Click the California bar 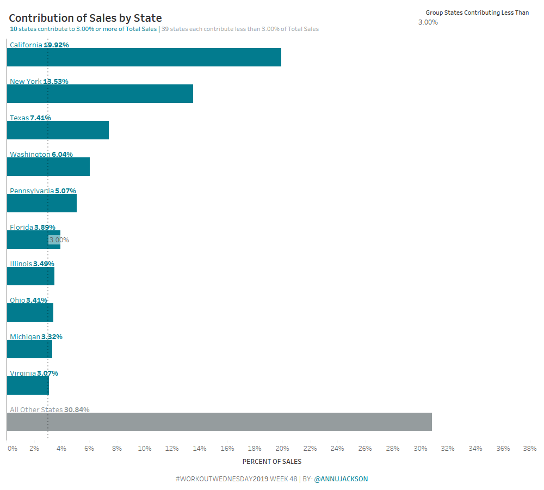click(x=144, y=57)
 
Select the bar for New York click(x=100, y=94)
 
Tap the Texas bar click(x=58, y=130)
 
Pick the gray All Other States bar click(x=219, y=422)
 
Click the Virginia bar click(x=28, y=385)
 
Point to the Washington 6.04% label click(x=41, y=155)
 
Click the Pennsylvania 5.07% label click(x=43, y=191)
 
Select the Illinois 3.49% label click(x=32, y=264)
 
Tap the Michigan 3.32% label click(x=36, y=337)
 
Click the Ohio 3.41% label click(x=28, y=301)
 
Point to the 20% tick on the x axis click(x=282, y=449)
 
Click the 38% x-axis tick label click(x=529, y=449)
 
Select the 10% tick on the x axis click(x=145, y=449)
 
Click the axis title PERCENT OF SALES click(x=271, y=462)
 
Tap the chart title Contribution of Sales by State click(x=85, y=19)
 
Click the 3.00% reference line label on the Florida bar click(x=59, y=240)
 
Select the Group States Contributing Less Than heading click(x=477, y=13)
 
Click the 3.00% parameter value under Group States click(x=428, y=22)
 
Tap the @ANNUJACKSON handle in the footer click(x=341, y=479)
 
